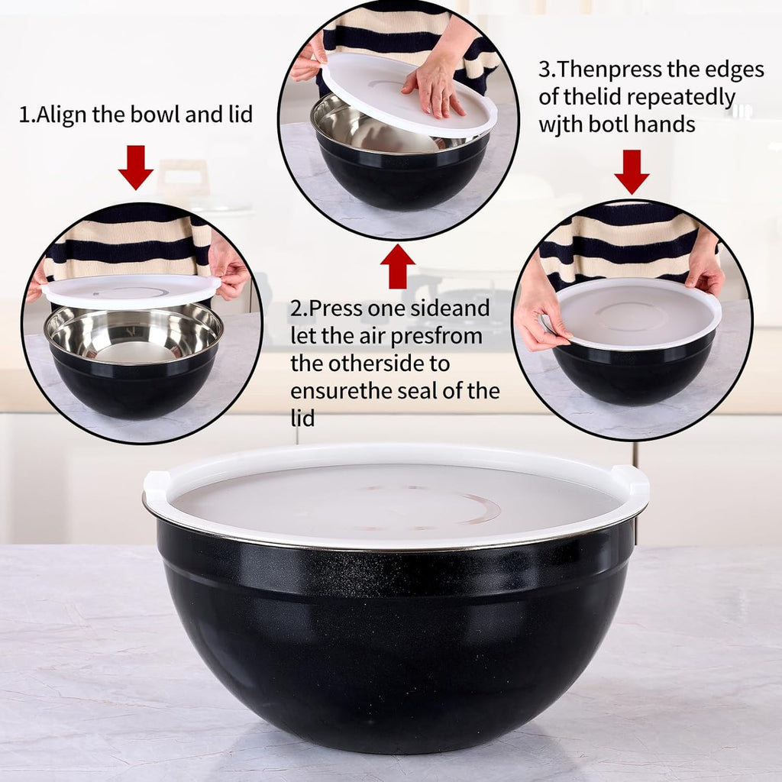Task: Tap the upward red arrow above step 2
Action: pyautogui.click(x=397, y=266)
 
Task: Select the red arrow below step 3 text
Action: pyautogui.click(x=632, y=172)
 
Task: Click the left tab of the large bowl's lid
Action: pyautogui.click(x=156, y=483)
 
